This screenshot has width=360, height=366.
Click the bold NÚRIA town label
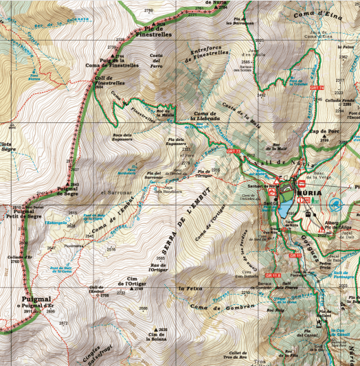click(305, 194)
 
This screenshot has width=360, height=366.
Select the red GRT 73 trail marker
click(234, 150)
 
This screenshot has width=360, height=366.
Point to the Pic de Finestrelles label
click(153, 30)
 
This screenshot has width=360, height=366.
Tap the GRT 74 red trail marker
click(317, 89)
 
